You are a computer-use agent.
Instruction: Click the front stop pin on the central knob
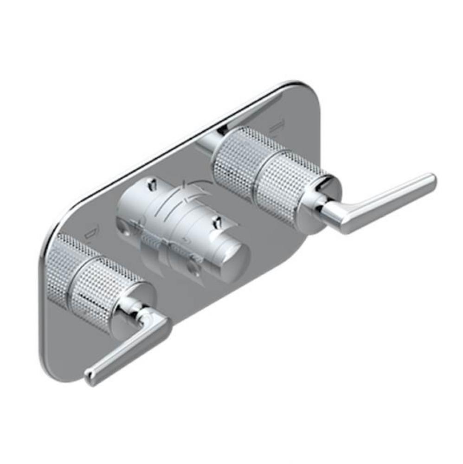coord(216,223)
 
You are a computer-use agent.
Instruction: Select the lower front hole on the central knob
coord(193,267)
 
